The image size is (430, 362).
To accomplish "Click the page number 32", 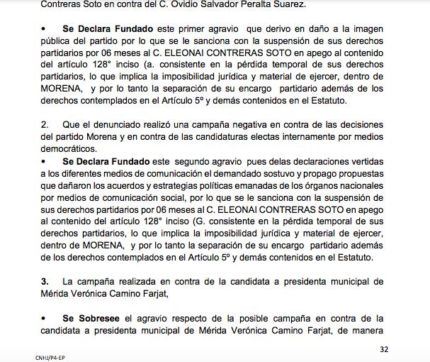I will (385, 349).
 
